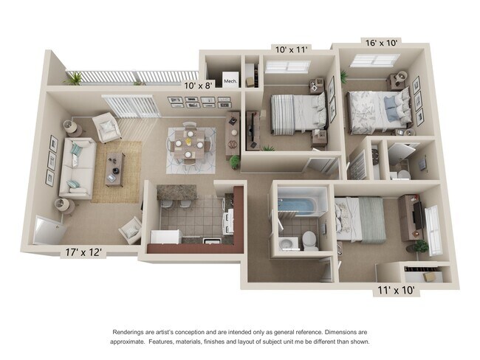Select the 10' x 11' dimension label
coord(290,49)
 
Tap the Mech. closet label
coord(230,81)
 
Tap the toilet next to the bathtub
coord(309,239)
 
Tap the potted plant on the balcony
coord(75,77)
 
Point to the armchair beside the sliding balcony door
coord(109,129)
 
